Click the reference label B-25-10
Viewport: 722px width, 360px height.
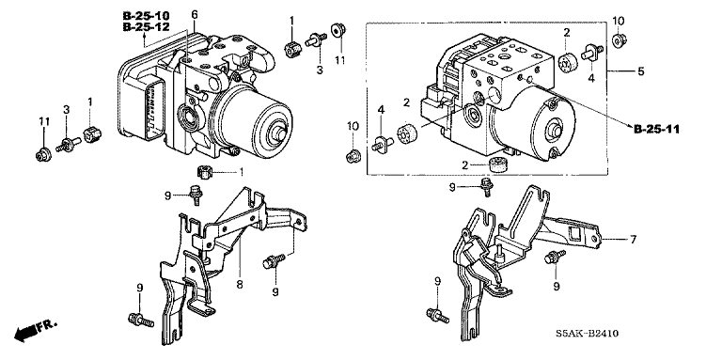[146, 16]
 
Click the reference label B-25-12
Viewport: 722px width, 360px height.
[146, 27]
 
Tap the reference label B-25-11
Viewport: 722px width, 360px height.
[656, 130]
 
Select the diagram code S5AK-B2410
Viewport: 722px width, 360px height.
[587, 334]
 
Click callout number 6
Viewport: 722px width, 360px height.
[195, 15]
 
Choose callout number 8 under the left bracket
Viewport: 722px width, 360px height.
[240, 285]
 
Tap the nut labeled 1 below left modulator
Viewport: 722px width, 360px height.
[203, 172]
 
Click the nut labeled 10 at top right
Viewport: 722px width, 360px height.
[619, 40]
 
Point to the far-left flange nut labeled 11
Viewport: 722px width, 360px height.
[43, 154]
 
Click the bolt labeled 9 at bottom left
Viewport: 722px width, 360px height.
[140, 320]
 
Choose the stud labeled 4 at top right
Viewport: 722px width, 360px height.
[591, 52]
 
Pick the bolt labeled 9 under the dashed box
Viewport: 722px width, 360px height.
[486, 187]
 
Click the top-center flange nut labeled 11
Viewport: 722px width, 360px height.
[338, 30]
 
